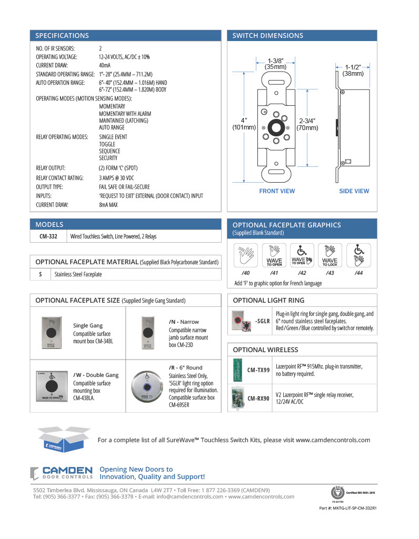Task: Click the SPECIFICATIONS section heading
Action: click(x=62, y=36)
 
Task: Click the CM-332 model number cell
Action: click(x=49, y=236)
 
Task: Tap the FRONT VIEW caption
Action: click(x=277, y=191)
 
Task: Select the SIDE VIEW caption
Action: click(x=354, y=191)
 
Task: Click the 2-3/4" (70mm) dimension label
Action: click(x=307, y=124)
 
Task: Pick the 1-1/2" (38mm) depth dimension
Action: click(x=353, y=71)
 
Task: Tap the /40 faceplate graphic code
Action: click(x=245, y=273)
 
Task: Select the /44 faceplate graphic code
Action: click(x=358, y=273)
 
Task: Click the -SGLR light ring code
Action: click(x=262, y=321)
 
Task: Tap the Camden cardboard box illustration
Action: click(x=61, y=439)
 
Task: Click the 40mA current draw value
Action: click(x=105, y=65)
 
